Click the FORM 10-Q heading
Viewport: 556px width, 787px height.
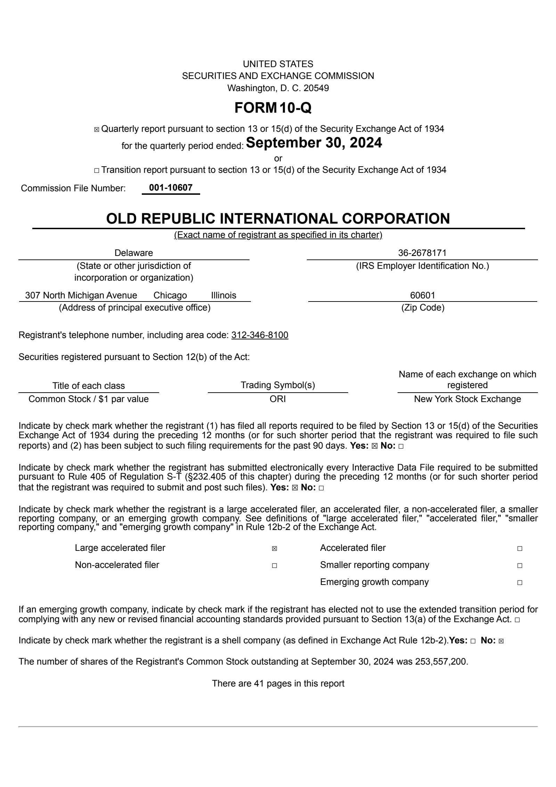click(x=273, y=108)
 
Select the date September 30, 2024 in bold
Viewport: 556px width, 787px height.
click(x=313, y=143)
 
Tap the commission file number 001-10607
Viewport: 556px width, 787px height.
click(x=171, y=188)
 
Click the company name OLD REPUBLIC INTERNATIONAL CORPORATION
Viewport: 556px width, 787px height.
click(x=278, y=219)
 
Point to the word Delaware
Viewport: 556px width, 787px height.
click(x=133, y=253)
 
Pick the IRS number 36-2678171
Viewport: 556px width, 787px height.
click(x=422, y=253)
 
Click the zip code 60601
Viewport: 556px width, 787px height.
click(x=423, y=295)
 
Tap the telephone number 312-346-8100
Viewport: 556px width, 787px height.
click(x=260, y=335)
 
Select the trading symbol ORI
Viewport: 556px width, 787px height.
click(x=278, y=399)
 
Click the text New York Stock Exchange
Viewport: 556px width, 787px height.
click(x=467, y=399)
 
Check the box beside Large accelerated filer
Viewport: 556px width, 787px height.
click(x=275, y=549)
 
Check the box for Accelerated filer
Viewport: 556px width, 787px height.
click(x=520, y=549)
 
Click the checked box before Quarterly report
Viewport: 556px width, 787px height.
click(x=97, y=130)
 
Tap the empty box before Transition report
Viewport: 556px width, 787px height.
click(x=97, y=171)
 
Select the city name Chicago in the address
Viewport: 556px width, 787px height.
click(x=170, y=295)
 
